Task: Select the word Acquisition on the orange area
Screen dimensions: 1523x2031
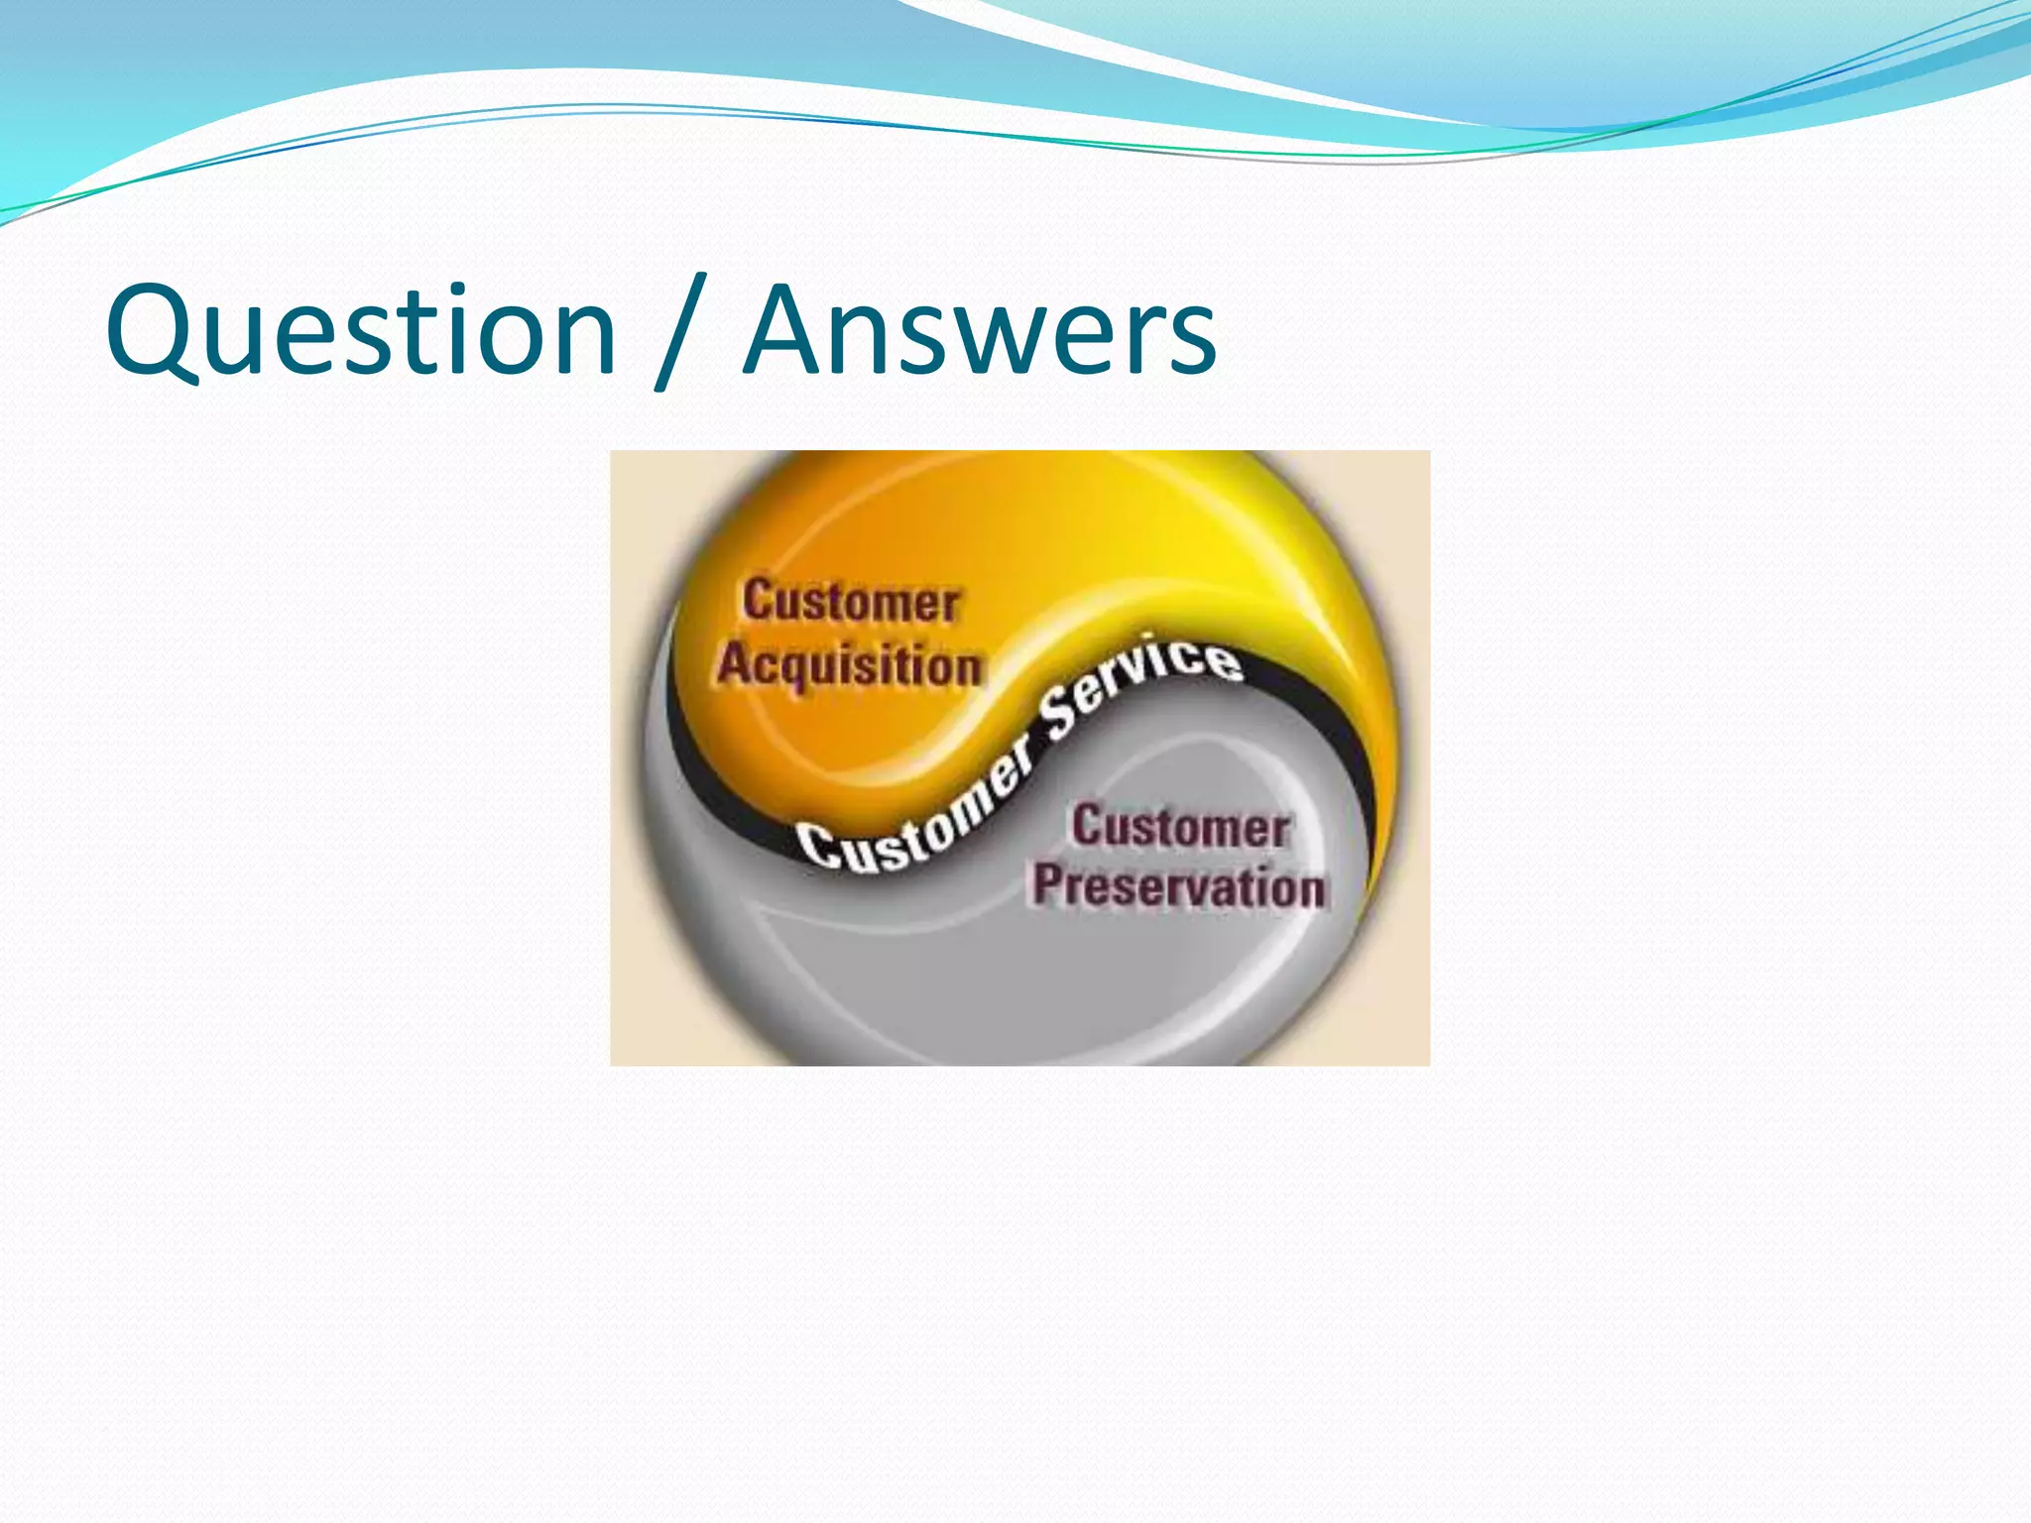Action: click(850, 665)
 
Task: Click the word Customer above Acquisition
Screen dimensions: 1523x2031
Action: click(851, 602)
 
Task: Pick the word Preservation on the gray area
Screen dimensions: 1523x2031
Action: click(1178, 885)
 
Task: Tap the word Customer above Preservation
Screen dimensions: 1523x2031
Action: click(1180, 827)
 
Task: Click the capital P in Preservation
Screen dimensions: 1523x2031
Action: click(1047, 883)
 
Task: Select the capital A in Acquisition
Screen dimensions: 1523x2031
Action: click(736, 663)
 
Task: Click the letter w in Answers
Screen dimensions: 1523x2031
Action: click(970, 342)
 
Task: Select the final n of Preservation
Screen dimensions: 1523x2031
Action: click(1308, 887)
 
